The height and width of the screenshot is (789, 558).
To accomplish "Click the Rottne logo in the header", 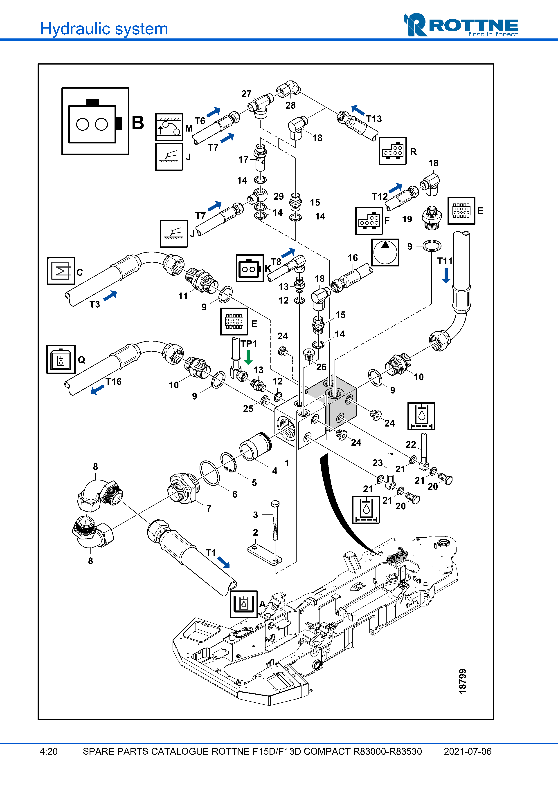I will coord(461,25).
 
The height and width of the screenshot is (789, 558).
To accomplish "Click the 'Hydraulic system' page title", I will coord(104,29).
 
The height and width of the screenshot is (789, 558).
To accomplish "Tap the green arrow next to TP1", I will coord(248,357).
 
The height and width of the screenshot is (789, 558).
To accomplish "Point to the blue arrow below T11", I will coord(446,276).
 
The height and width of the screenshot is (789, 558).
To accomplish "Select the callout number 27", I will coord(246,94).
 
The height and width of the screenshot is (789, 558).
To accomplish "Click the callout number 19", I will coord(407,219).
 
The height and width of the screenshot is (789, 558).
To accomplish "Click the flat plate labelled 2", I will coord(264,554).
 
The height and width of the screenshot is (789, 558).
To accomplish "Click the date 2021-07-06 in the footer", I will coord(467,751).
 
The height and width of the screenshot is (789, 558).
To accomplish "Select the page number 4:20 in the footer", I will coord(48,751).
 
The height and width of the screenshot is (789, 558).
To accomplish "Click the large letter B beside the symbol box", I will coord(137,123).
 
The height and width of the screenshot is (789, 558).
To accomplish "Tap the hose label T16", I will coord(113,381).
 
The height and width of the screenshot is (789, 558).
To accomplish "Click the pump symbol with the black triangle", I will coord(385,252).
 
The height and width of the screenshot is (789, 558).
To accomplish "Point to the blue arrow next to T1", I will coord(223,562).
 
